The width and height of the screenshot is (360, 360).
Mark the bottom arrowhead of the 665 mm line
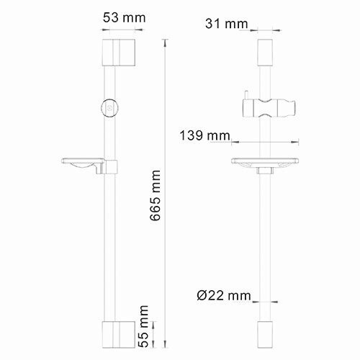166,344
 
